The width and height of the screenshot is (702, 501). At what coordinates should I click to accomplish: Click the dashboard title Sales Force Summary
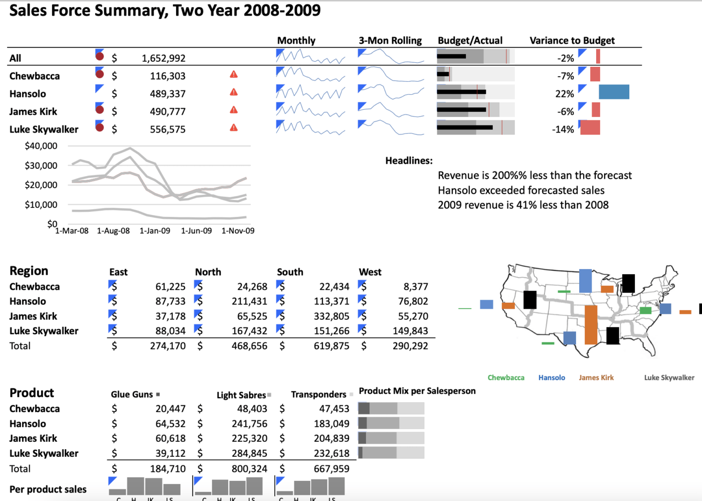click(164, 11)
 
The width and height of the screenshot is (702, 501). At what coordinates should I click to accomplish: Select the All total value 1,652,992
click(163, 58)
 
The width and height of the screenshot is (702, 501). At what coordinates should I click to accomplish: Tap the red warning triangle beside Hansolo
click(234, 92)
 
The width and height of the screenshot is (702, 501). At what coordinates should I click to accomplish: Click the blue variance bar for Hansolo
click(614, 92)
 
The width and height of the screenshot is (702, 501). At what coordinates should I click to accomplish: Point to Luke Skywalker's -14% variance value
click(563, 130)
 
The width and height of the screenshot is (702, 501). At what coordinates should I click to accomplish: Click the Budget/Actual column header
click(470, 41)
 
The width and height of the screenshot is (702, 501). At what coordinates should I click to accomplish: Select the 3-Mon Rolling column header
click(390, 41)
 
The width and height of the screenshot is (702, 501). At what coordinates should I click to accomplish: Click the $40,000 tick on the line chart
click(41, 146)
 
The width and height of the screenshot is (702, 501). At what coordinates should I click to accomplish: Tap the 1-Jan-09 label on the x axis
click(154, 231)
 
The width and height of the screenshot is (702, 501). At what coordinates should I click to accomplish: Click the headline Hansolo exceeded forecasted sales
click(521, 190)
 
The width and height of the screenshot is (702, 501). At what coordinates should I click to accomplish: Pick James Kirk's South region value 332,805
click(331, 316)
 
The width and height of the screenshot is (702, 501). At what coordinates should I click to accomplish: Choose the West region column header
click(370, 272)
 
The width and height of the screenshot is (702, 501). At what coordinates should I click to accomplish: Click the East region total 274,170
click(167, 346)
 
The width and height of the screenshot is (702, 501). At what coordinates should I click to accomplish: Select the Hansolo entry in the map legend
click(552, 378)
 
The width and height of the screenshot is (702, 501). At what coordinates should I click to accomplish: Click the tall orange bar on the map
click(591, 324)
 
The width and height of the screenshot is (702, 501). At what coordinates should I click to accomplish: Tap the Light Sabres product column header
click(241, 395)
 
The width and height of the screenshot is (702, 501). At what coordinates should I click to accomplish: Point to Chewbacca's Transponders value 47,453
click(331, 409)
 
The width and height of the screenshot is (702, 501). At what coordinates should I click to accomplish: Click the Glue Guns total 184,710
click(167, 469)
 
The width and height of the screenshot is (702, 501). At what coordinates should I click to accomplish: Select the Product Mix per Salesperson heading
click(417, 391)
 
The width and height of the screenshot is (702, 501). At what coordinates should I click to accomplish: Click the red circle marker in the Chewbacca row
click(100, 74)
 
